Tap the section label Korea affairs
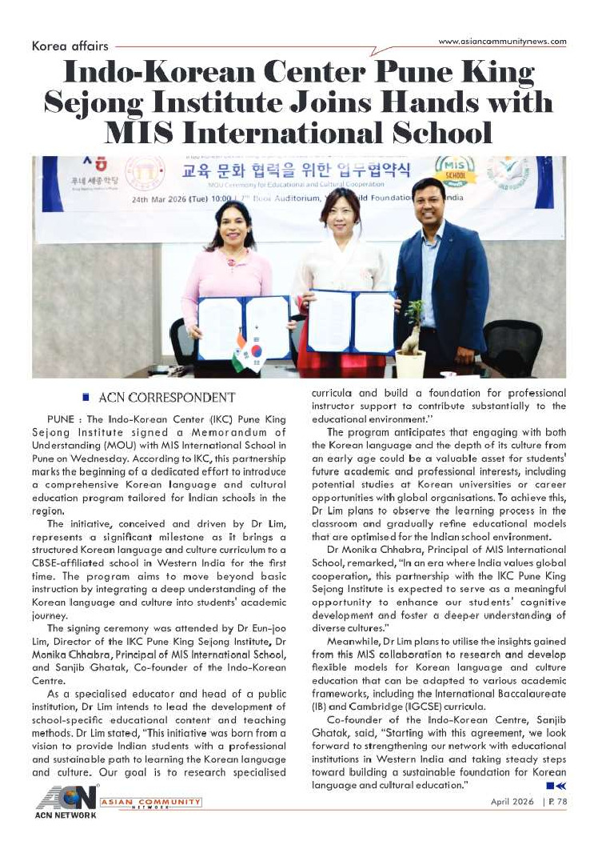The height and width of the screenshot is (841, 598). [x=70, y=46]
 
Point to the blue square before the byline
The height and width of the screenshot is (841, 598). [x=86, y=397]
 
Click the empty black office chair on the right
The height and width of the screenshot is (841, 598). [x=512, y=344]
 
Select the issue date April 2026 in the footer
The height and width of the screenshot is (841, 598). [x=512, y=803]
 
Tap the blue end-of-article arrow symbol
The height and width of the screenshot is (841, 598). [x=556, y=787]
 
